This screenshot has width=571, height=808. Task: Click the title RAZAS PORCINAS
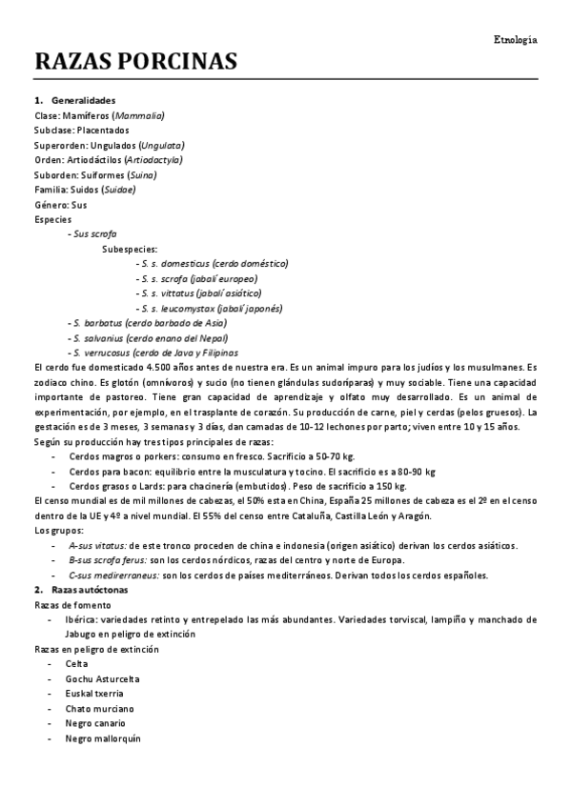135,63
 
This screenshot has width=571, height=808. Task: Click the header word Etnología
516,40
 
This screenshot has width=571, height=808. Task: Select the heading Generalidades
84,100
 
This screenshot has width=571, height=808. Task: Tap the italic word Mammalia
138,115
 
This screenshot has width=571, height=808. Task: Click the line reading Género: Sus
60,204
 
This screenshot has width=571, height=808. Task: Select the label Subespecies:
130,249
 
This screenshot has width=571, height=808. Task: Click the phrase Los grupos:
58,530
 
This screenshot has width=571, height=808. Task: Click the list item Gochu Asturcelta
103,678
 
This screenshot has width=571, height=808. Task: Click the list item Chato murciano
100,709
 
